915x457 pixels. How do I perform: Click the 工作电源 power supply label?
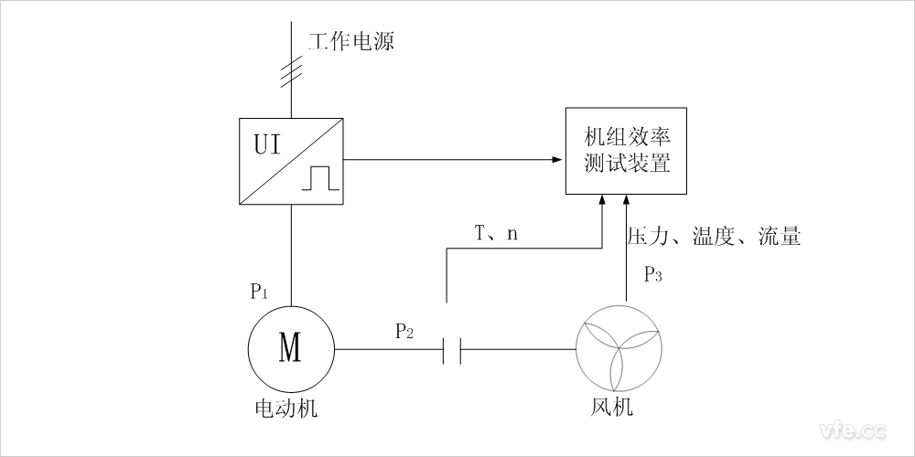click(x=351, y=42)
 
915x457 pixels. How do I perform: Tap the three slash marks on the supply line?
click(x=291, y=69)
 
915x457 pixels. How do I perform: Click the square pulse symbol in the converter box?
click(x=321, y=177)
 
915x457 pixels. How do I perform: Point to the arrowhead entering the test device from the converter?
click(x=557, y=159)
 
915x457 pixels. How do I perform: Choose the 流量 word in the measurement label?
click(x=780, y=238)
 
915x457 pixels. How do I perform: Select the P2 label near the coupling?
click(x=404, y=332)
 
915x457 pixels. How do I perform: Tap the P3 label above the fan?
click(x=653, y=273)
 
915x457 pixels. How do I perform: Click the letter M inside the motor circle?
click(x=290, y=348)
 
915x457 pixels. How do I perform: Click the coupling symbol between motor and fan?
click(x=451, y=349)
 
